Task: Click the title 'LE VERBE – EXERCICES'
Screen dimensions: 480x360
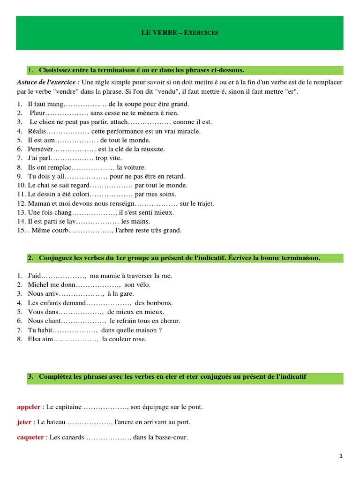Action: [x=180, y=33]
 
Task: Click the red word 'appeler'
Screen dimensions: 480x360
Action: [x=29, y=407]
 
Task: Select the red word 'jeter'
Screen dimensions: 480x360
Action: [x=24, y=422]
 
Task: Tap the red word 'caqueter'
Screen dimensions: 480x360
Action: [x=30, y=437]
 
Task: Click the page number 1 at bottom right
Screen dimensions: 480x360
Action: [x=341, y=456]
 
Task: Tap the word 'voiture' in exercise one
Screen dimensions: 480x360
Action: [x=135, y=167]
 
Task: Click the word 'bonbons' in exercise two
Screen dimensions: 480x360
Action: [x=160, y=303]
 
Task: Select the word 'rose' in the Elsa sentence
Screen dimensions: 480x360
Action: [x=139, y=339]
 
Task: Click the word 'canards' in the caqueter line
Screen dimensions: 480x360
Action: [x=73, y=437]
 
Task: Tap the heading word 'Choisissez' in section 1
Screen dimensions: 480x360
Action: [x=58, y=70]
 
